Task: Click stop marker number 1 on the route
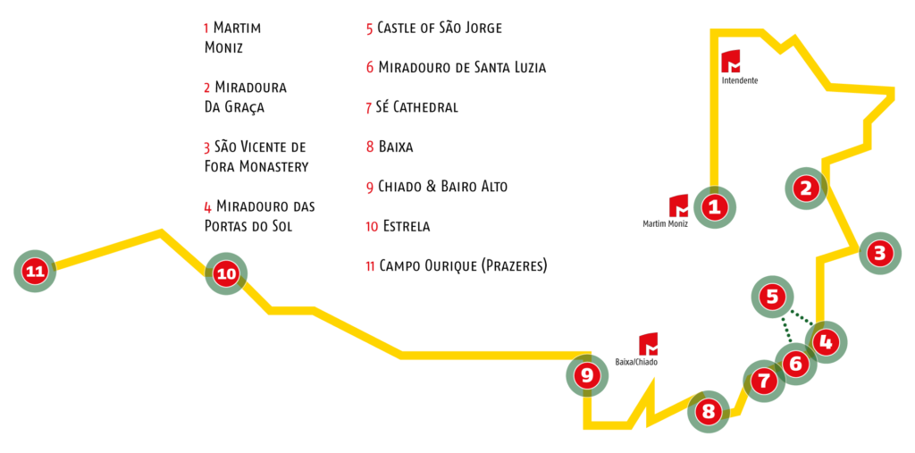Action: pyautogui.click(x=715, y=206)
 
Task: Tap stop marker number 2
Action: pyautogui.click(x=806, y=189)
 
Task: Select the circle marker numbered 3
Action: pyautogui.click(x=880, y=254)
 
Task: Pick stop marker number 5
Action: pyautogui.click(x=773, y=298)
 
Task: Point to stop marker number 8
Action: pyautogui.click(x=709, y=412)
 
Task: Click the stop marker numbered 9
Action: pyautogui.click(x=588, y=376)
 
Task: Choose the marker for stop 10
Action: pyautogui.click(x=226, y=273)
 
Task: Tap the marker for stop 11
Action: pyautogui.click(x=35, y=272)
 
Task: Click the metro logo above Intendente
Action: pyautogui.click(x=731, y=62)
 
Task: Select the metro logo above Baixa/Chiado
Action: pyautogui.click(x=649, y=344)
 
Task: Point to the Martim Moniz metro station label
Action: pyautogui.click(x=665, y=223)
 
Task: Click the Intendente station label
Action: pyautogui.click(x=740, y=80)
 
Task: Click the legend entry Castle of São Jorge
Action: pyautogui.click(x=434, y=28)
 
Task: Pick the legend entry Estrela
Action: pyautogui.click(x=398, y=226)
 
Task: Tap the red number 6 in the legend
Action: pyautogui.click(x=370, y=68)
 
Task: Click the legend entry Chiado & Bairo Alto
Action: pyautogui.click(x=437, y=187)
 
